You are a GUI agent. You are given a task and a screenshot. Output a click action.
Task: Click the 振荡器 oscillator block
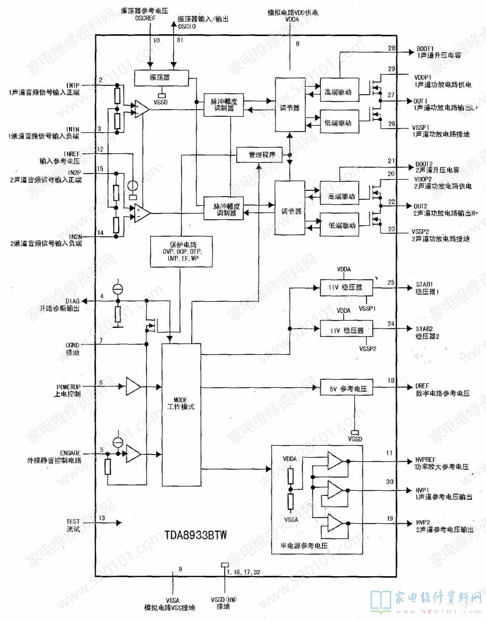[x=162, y=77]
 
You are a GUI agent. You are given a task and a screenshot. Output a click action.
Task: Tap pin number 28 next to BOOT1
[x=392, y=48]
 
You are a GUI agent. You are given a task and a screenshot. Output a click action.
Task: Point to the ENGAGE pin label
[x=70, y=453]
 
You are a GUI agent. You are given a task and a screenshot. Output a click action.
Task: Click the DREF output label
[x=422, y=386]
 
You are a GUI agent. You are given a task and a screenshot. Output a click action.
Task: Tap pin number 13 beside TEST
[x=102, y=518]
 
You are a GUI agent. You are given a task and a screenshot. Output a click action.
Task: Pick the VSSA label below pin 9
[x=172, y=600]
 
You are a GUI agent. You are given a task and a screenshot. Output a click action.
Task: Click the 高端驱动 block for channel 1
[x=339, y=92]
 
